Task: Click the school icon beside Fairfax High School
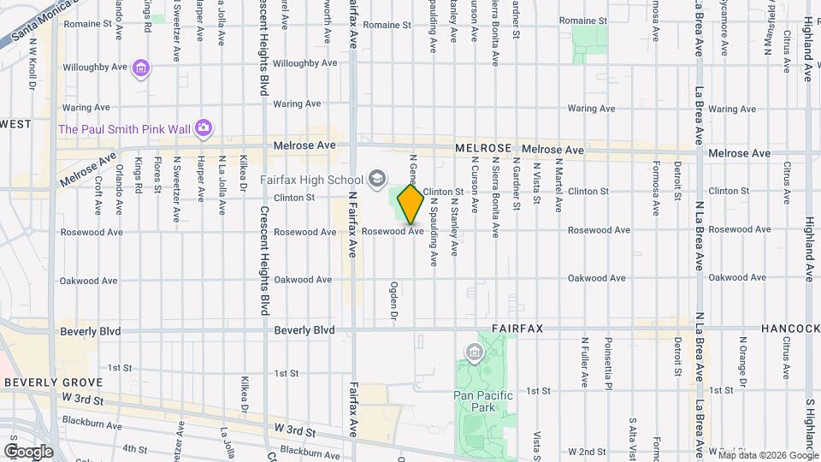[376, 179]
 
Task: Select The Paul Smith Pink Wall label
[122, 129]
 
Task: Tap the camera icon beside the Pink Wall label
[203, 128]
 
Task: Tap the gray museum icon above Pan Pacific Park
[473, 352]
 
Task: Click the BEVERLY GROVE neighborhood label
[53, 382]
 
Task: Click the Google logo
[28, 451]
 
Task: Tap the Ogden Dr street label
[394, 302]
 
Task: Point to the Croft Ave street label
[98, 195]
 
